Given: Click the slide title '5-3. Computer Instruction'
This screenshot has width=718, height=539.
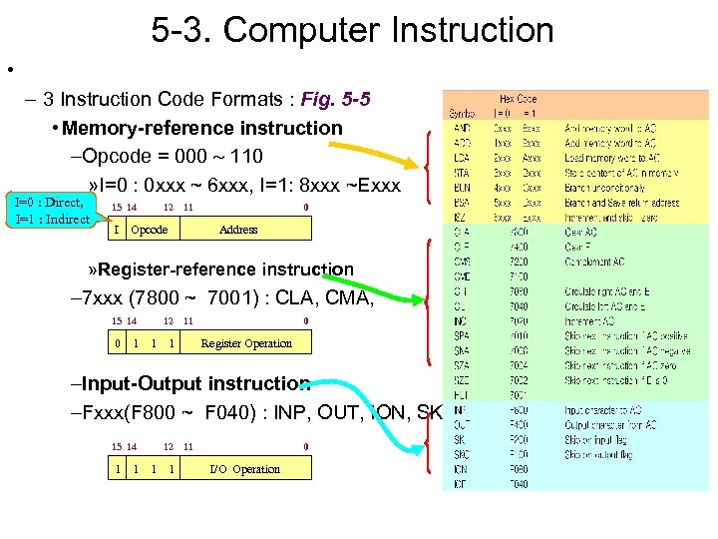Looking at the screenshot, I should [352, 30].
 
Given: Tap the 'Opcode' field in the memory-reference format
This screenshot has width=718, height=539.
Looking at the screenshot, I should [150, 230].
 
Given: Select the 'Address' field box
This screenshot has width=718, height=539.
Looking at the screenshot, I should [238, 230].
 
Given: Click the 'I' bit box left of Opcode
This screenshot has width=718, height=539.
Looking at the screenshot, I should [118, 230].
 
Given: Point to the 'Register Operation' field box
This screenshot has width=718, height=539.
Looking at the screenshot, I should [246, 343].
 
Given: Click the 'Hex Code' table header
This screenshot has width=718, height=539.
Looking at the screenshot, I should [518, 99].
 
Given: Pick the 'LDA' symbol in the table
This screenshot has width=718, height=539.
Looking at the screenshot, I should [462, 158].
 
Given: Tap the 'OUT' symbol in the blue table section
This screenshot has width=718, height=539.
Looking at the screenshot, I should [462, 425].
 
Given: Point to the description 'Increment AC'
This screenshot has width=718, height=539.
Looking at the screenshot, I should [592, 323].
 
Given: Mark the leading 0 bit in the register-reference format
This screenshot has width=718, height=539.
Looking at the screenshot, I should [118, 343].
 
